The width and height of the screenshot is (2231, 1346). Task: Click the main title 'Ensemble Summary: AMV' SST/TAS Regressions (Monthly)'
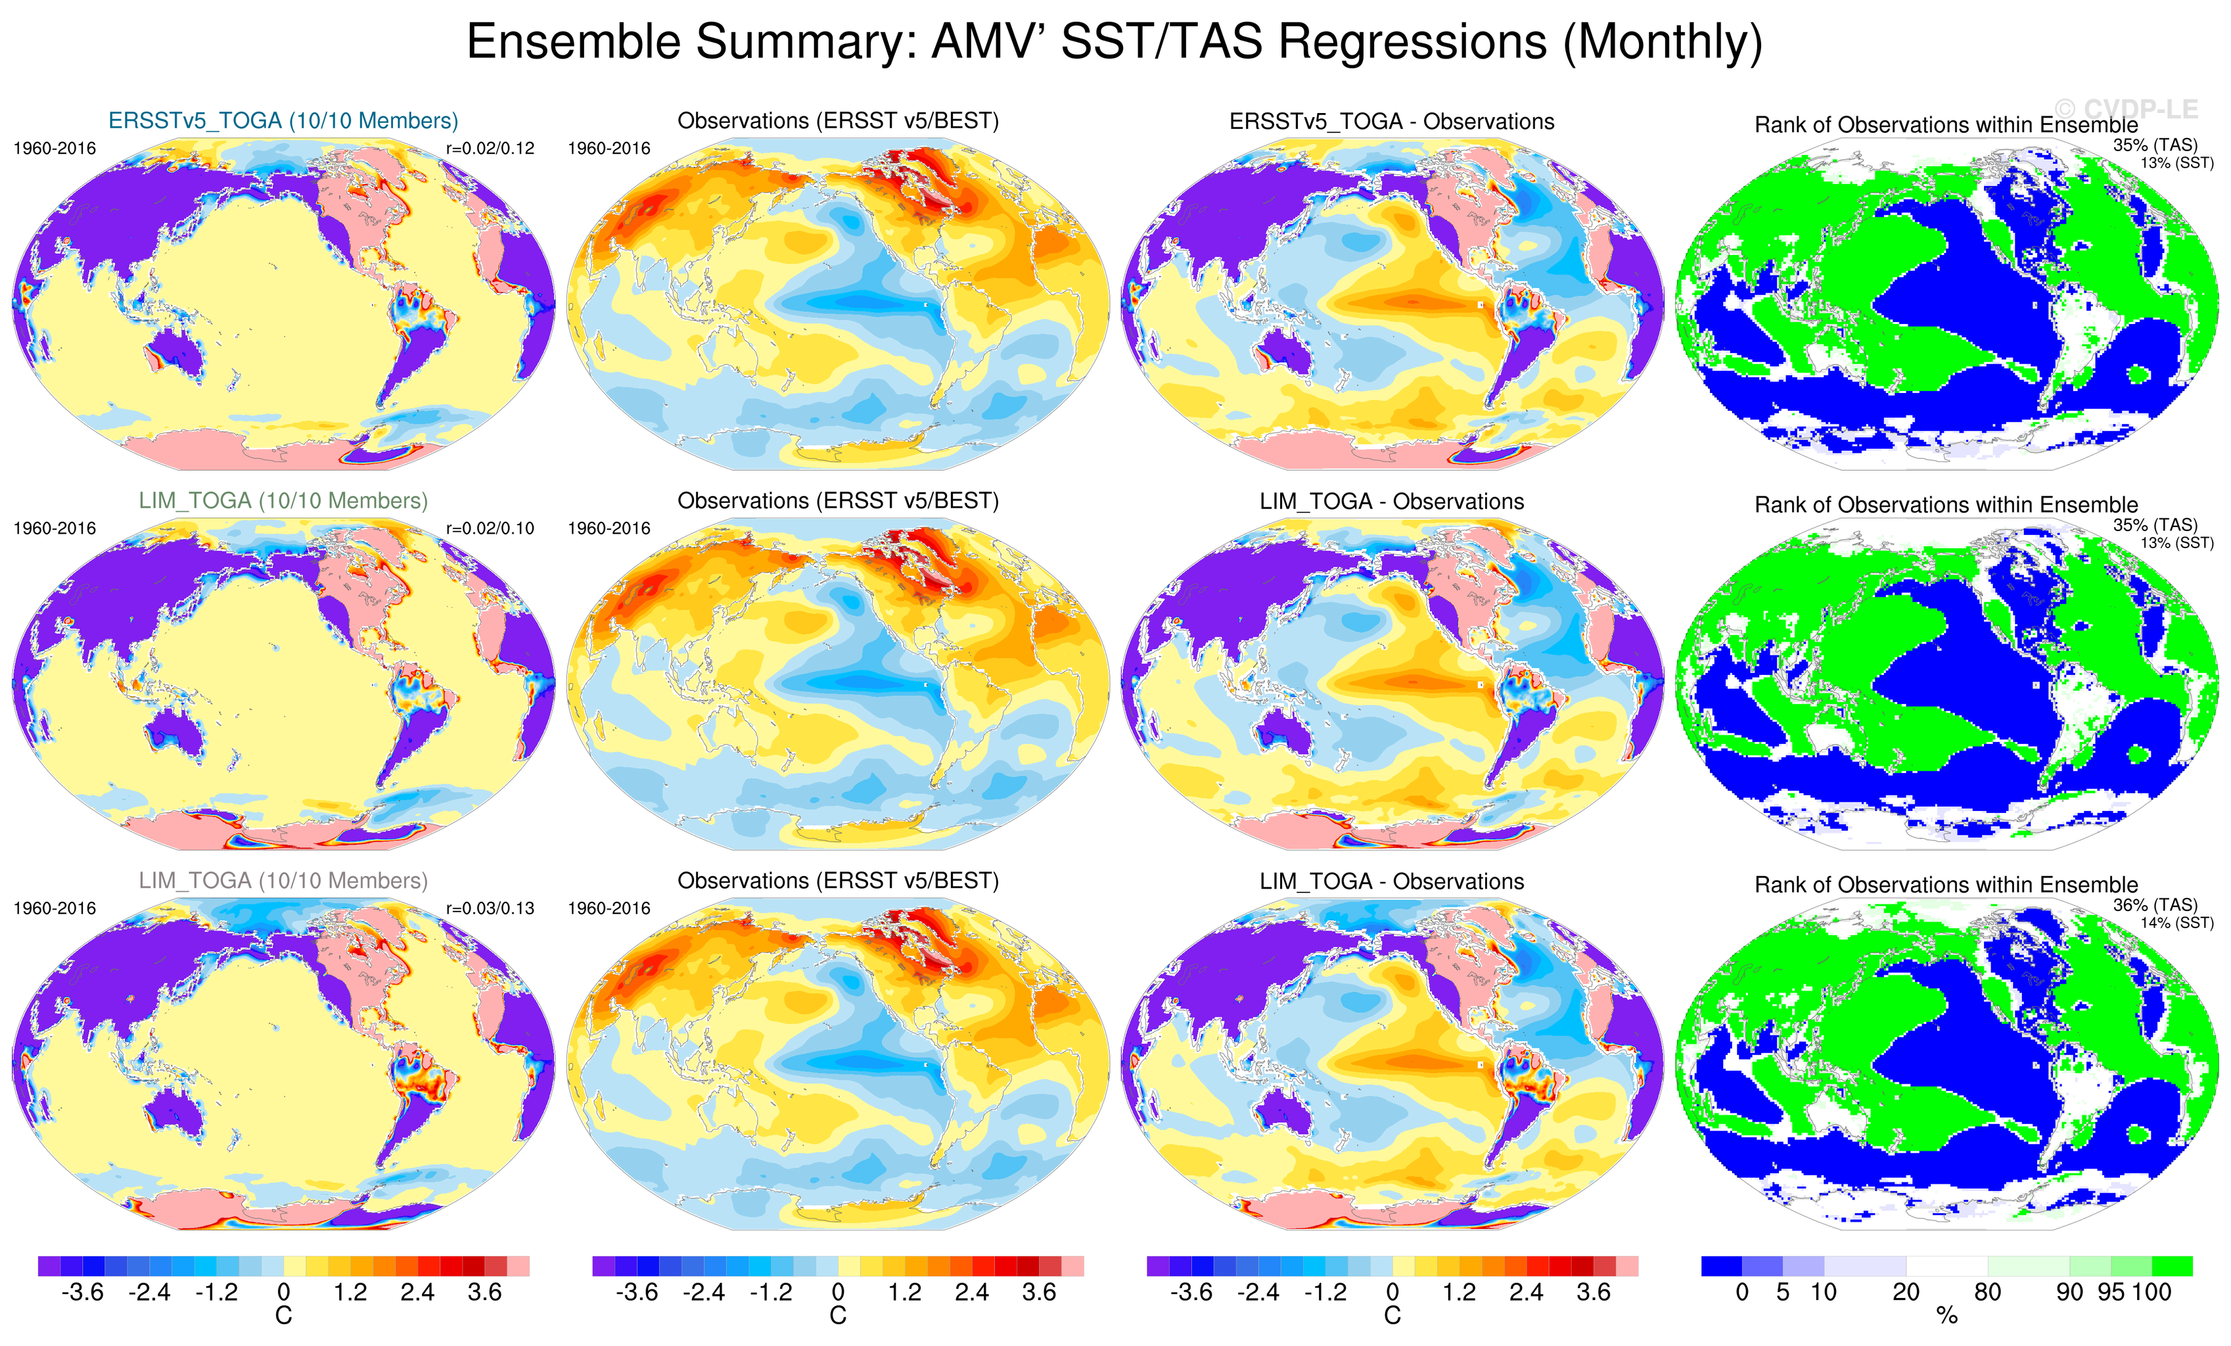[x=1115, y=43]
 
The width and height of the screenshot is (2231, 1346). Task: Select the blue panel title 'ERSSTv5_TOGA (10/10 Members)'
[x=283, y=120]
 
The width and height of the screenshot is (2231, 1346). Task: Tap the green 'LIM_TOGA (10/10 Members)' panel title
[x=283, y=501]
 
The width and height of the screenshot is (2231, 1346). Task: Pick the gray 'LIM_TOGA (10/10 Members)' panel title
[x=283, y=881]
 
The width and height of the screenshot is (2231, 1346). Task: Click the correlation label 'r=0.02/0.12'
[x=490, y=149]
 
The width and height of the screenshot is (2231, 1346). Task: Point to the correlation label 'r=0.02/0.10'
[x=490, y=528]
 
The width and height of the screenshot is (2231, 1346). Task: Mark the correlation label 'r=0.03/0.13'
[x=490, y=908]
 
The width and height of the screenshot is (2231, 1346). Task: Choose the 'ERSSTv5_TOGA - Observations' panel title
[x=1392, y=122]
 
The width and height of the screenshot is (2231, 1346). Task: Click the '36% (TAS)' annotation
[x=2155, y=905]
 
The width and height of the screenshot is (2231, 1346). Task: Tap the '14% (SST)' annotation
[x=2176, y=923]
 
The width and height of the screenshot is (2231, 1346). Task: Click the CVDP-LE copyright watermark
[x=2126, y=110]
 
